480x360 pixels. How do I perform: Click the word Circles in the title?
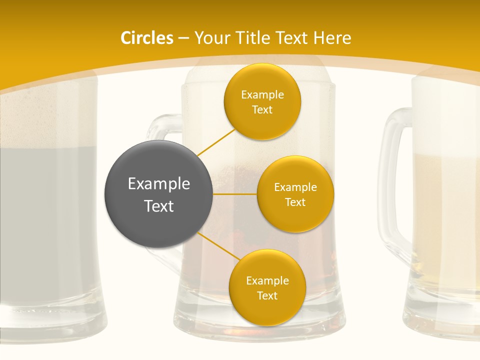[x=146, y=38]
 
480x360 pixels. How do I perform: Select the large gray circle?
[x=158, y=194]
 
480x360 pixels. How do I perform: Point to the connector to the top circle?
[x=216, y=142]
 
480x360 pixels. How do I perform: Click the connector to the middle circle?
[x=235, y=193]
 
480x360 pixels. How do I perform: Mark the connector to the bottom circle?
[x=218, y=246]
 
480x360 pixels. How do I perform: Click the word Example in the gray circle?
[x=158, y=184]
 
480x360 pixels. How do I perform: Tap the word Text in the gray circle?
[x=158, y=206]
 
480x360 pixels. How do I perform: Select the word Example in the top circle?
[x=262, y=95]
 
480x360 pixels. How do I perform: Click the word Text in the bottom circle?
[x=267, y=296]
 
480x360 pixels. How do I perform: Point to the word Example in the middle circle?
[x=295, y=187]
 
